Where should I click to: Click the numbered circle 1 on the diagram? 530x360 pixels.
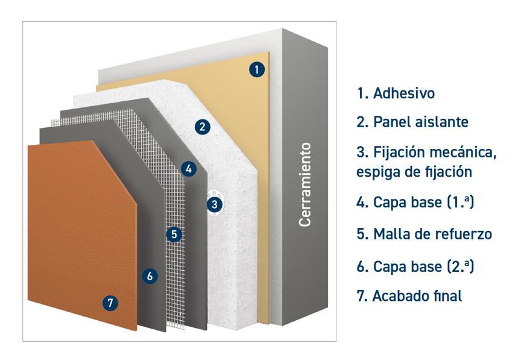tap(257, 69)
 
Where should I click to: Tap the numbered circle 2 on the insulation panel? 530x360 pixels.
tap(203, 127)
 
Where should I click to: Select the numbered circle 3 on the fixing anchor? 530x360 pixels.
tap(214, 204)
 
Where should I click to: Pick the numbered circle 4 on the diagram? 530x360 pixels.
tap(189, 169)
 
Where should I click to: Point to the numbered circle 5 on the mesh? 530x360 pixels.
tap(174, 234)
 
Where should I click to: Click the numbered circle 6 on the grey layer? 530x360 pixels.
tap(151, 276)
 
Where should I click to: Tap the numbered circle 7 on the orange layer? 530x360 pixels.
tap(110, 303)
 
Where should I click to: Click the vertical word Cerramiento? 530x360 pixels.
tap(306, 185)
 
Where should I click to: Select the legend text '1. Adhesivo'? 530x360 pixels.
tap(396, 93)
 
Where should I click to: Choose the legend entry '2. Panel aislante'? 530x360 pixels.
tap(412, 122)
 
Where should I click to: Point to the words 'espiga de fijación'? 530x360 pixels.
tap(414, 171)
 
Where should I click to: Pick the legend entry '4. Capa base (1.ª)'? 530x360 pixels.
tap(415, 202)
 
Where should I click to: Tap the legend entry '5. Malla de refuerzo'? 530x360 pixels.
tap(424, 234)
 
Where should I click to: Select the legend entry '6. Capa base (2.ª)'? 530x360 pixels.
tap(415, 266)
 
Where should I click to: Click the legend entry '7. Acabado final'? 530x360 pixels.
tap(409, 296)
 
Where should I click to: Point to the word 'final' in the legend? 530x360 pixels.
tap(447, 296)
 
